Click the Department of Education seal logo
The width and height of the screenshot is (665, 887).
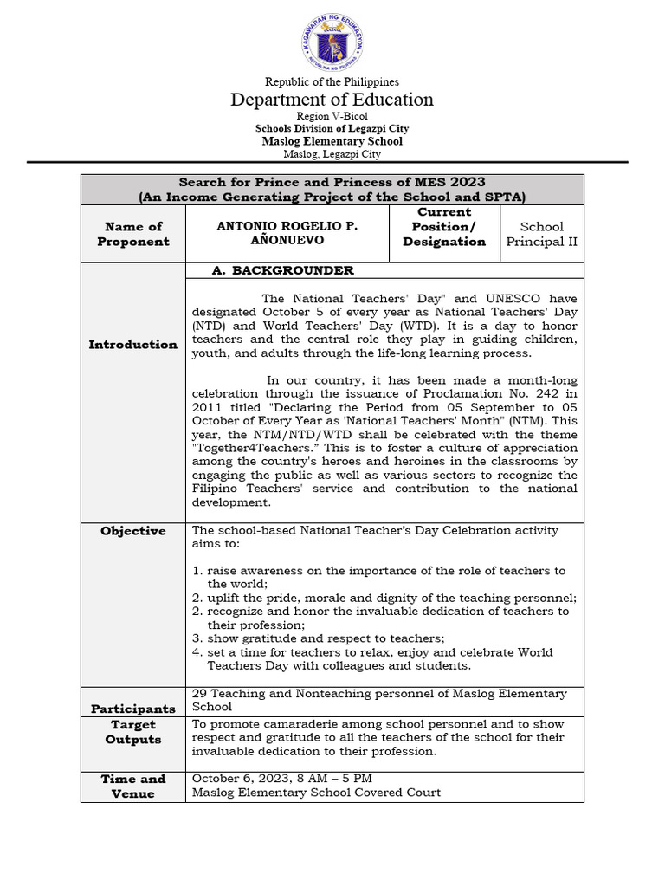click(332, 42)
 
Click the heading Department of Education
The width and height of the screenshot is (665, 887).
click(332, 100)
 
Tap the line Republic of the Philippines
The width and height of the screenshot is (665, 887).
click(332, 81)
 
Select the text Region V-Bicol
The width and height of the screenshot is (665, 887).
click(332, 116)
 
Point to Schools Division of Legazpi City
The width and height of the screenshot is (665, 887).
click(332, 128)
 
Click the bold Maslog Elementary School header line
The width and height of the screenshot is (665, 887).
click(332, 141)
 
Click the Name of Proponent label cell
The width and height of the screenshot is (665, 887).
click(133, 234)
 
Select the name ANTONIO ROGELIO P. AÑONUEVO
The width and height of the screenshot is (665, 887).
click(287, 234)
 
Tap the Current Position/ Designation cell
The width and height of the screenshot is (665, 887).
click(443, 227)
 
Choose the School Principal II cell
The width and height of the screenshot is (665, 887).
click(541, 234)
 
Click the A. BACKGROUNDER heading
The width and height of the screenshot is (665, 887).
click(283, 271)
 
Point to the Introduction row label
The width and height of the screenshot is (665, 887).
click(133, 345)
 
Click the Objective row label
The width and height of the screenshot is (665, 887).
click(133, 531)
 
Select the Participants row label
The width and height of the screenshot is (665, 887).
click(133, 709)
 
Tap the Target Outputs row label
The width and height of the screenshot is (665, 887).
click(133, 732)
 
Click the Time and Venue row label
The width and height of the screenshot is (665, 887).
click(133, 786)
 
